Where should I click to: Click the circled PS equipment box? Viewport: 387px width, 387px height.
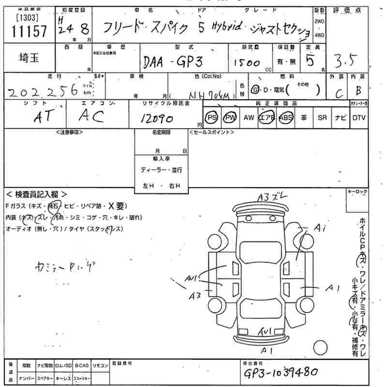pyautogui.click(x=211, y=118)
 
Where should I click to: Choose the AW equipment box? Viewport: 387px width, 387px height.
pyautogui.click(x=248, y=118)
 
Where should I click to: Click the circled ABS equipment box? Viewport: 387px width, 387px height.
pyautogui.click(x=285, y=118)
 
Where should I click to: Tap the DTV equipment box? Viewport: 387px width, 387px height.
pyautogui.click(x=358, y=118)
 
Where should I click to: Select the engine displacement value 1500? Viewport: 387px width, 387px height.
pyautogui.click(x=247, y=63)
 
